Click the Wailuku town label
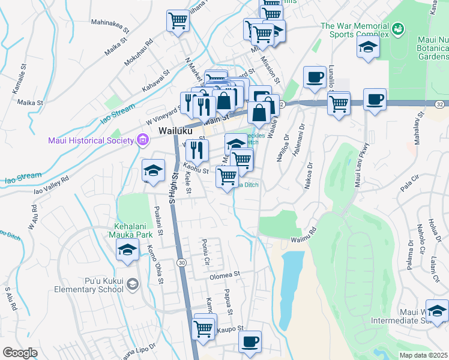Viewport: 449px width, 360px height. pos(175,131)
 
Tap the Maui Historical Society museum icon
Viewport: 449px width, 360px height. pos(142,141)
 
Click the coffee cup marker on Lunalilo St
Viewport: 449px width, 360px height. pos(314,77)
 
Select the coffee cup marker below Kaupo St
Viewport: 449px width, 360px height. pos(250,342)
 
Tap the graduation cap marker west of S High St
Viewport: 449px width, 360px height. pos(152,171)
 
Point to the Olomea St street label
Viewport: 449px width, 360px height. pos(224,276)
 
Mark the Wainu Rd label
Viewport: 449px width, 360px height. pos(304,236)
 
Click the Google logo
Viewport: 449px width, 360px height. pos(20,353)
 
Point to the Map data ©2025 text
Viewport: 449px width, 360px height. pos(423,355)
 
